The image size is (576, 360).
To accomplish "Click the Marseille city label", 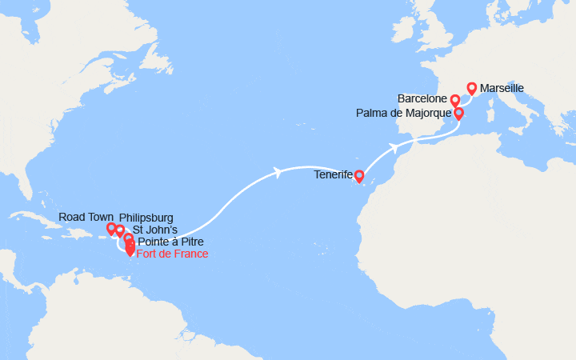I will (502, 88).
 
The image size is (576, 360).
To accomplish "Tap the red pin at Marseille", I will (471, 88).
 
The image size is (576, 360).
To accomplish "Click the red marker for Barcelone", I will (454, 100).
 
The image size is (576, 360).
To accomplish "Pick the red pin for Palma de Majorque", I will (458, 114).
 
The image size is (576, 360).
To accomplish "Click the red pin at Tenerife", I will (359, 175).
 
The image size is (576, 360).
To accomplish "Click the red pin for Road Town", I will (111, 229).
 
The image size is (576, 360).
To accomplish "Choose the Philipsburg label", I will (146, 218).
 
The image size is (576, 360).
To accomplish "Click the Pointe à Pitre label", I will (170, 242).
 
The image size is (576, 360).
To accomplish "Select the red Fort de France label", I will (172, 254).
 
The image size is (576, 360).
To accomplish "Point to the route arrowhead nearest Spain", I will (394, 147).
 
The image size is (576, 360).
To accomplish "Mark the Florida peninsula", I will (27, 185).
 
